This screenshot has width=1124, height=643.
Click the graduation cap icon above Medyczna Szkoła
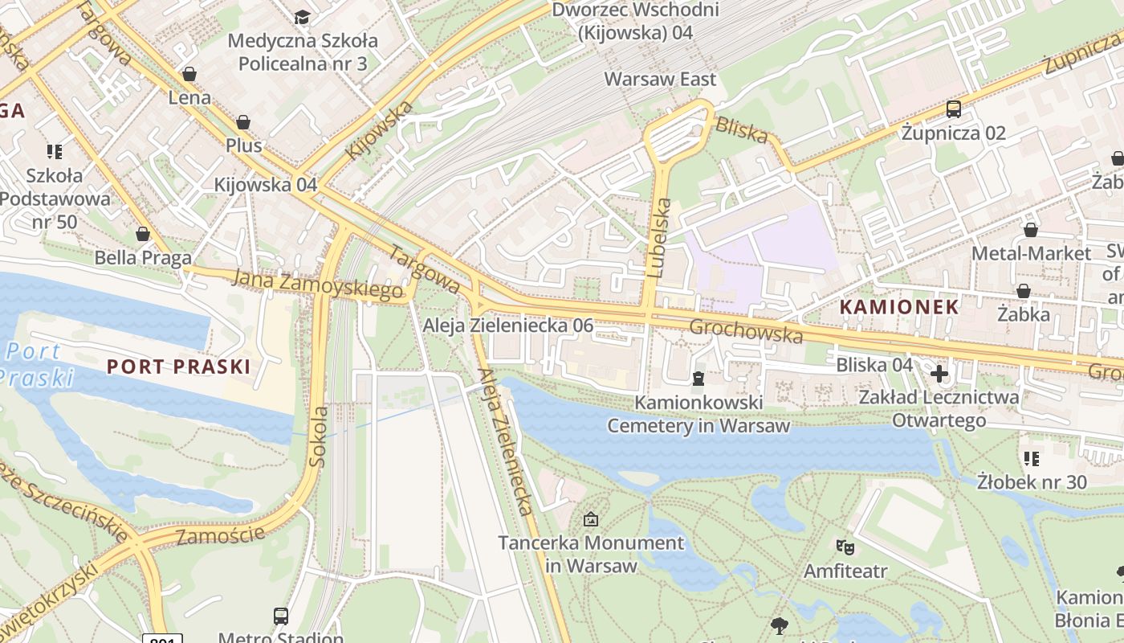(x=302, y=17)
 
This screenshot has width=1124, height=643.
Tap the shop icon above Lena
(x=189, y=75)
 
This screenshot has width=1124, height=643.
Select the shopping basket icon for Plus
(x=243, y=122)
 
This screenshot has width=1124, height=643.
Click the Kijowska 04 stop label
(x=266, y=184)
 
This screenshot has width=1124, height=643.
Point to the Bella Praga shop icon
(x=143, y=234)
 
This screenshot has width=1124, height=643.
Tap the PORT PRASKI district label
(x=179, y=367)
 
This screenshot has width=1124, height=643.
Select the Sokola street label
(x=319, y=436)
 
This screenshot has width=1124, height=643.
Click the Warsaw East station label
(x=660, y=79)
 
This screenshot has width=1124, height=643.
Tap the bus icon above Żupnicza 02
(x=954, y=109)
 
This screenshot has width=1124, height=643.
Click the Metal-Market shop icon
(x=1031, y=231)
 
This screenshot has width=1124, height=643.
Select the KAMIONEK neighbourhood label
(x=899, y=306)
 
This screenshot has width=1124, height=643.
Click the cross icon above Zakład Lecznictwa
(x=939, y=374)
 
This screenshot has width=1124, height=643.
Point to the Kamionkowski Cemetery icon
(x=698, y=379)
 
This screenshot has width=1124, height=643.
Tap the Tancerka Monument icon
(x=591, y=519)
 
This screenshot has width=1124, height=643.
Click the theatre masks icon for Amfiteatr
(x=845, y=547)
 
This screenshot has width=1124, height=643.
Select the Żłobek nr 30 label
(x=1032, y=482)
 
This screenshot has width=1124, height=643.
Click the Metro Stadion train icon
(x=281, y=616)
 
